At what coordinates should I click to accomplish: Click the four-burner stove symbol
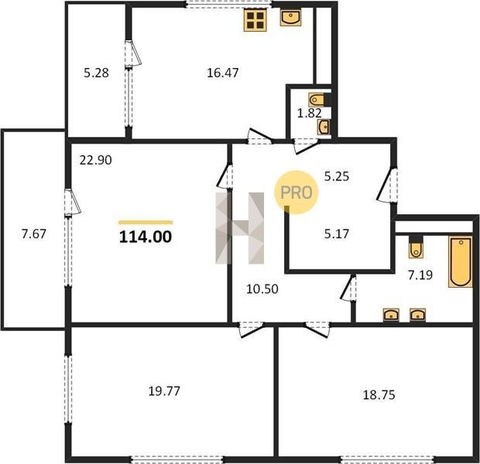[x=255, y=20]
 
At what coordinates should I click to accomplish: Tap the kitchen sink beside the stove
[x=290, y=18]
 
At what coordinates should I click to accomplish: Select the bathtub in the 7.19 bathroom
[x=461, y=261]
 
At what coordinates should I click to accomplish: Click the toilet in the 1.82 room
[x=317, y=100]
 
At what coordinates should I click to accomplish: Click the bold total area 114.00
[x=146, y=237]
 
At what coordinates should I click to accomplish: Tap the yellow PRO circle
[x=296, y=192]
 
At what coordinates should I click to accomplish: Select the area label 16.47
[x=222, y=73]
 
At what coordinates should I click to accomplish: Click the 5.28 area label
[x=96, y=73]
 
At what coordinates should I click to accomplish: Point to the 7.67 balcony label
[x=33, y=234]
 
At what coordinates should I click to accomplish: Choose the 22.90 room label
[x=95, y=160]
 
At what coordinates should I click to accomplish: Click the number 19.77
[x=164, y=391]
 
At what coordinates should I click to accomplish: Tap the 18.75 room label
[x=379, y=395]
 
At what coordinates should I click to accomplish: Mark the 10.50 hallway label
[x=262, y=288]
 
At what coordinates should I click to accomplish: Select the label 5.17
[x=337, y=234]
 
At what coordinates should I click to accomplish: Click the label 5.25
[x=337, y=176]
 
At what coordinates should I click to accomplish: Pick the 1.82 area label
[x=310, y=113]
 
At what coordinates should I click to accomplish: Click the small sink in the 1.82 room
[x=324, y=127]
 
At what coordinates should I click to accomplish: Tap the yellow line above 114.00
[x=146, y=223]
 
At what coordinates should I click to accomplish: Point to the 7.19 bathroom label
[x=420, y=275]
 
